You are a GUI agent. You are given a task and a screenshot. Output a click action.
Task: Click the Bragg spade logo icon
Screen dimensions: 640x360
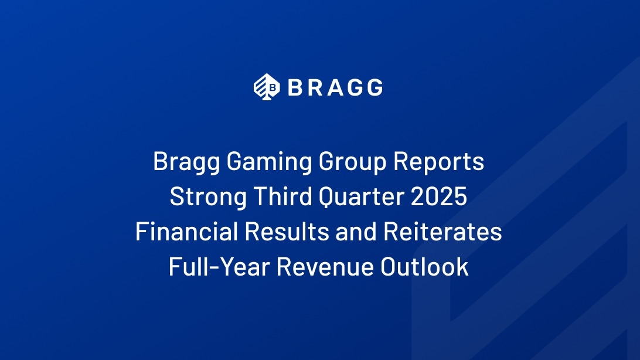point(267,87)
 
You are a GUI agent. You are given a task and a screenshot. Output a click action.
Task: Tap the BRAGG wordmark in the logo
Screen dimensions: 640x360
point(335,87)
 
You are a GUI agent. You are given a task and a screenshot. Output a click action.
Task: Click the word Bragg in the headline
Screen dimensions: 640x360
point(186,162)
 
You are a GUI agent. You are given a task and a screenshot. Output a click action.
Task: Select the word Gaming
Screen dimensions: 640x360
point(269,162)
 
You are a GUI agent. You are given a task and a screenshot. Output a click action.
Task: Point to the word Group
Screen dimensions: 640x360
point(352,162)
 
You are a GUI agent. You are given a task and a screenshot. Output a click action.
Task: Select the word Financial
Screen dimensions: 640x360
point(186,232)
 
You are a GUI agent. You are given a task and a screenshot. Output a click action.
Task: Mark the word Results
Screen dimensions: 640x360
point(287,232)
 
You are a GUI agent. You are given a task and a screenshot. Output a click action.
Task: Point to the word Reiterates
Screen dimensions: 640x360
point(442,232)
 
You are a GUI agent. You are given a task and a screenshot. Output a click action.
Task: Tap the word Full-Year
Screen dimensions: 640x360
point(220,267)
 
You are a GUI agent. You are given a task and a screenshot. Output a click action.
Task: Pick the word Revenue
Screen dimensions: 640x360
point(325,267)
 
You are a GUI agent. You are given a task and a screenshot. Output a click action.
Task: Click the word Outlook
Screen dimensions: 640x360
point(424,267)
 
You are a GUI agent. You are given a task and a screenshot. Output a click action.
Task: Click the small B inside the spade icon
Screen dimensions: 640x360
point(273,87)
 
